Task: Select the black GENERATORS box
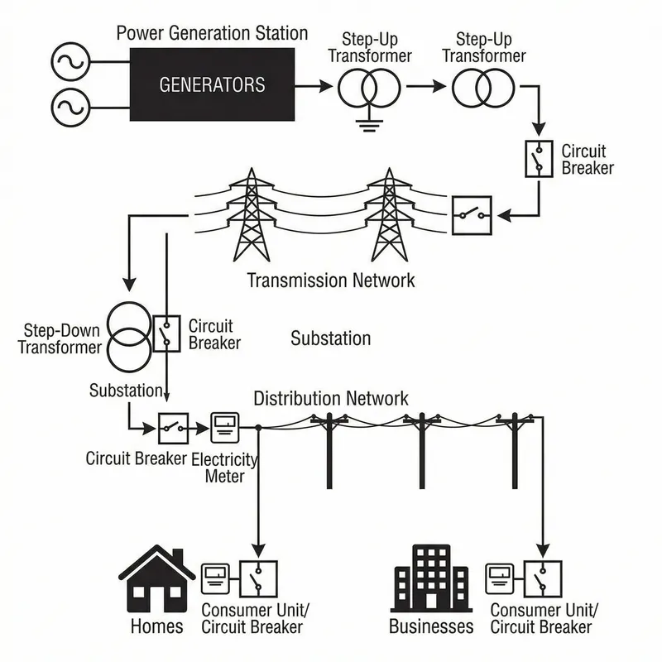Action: click(213, 85)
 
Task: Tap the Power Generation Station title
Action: click(212, 34)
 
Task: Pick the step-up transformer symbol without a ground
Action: click(482, 87)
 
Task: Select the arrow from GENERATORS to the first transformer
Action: click(314, 85)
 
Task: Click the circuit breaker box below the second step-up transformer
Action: click(539, 158)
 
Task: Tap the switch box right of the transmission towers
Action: click(472, 215)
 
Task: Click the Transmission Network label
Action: click(331, 281)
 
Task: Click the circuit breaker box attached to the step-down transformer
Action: click(166, 333)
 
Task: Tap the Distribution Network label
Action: click(330, 398)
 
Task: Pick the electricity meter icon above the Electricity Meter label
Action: click(224, 429)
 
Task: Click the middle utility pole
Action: click(422, 451)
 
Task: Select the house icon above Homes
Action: click(156, 578)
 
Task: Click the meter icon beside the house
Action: click(216, 580)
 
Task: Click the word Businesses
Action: click(431, 626)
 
